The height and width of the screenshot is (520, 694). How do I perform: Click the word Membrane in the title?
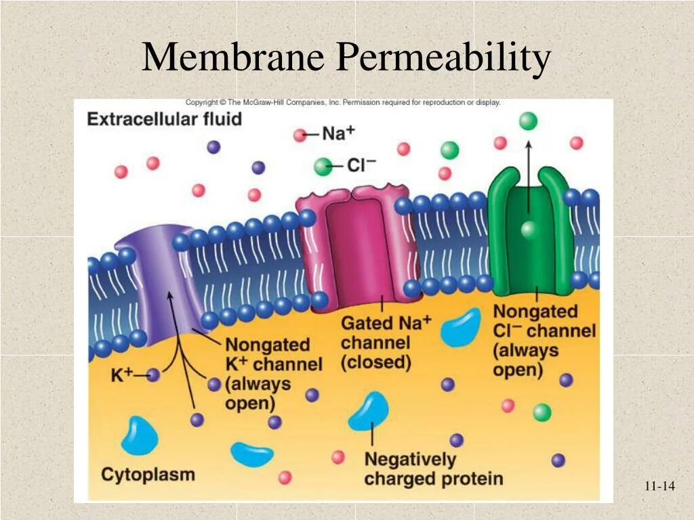pyautogui.click(x=233, y=58)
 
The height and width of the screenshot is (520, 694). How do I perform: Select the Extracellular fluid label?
pyautogui.click(x=164, y=120)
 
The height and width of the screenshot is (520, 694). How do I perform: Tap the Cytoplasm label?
pyautogui.click(x=148, y=474)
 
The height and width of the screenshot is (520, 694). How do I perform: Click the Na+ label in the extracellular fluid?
pyautogui.click(x=338, y=133)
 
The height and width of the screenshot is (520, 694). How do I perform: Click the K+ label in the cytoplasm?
pyautogui.click(x=122, y=374)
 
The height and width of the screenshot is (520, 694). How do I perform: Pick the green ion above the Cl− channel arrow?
pyautogui.click(x=528, y=121)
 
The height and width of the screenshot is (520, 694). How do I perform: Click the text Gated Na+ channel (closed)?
pyautogui.click(x=385, y=342)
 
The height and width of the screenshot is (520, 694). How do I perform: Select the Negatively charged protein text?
pyautogui.click(x=434, y=469)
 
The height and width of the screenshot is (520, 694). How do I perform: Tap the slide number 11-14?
pyautogui.click(x=659, y=485)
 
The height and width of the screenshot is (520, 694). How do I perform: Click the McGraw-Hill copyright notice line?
pyautogui.click(x=343, y=103)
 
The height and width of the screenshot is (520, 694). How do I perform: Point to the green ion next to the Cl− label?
pyautogui.click(x=324, y=165)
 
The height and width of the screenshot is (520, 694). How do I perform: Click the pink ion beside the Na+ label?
pyautogui.click(x=300, y=135)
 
